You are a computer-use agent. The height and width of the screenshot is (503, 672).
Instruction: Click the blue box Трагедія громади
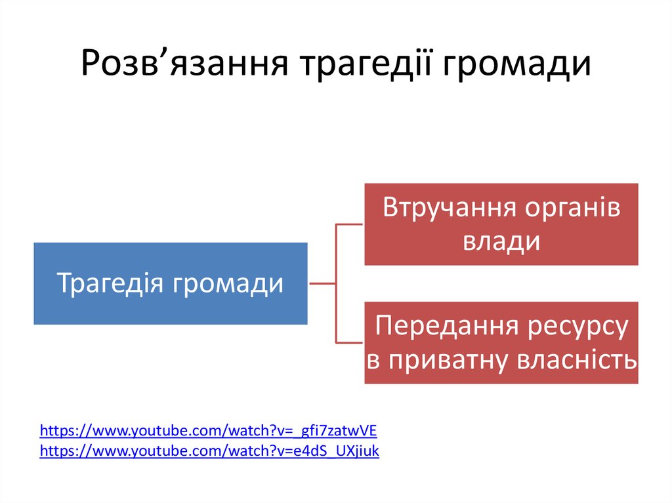(171, 283)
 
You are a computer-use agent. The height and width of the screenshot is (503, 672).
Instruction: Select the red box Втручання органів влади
(501, 224)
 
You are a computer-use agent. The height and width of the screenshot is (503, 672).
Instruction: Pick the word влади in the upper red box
(501, 241)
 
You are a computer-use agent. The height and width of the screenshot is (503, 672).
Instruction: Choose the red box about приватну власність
(501, 342)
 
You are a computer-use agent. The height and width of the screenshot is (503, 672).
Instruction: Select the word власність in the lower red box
(578, 359)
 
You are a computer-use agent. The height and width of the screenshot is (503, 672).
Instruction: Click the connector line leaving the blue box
(322, 284)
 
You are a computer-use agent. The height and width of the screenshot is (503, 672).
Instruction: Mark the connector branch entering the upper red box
(350, 224)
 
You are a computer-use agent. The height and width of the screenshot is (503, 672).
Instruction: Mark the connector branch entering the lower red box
(350, 342)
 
